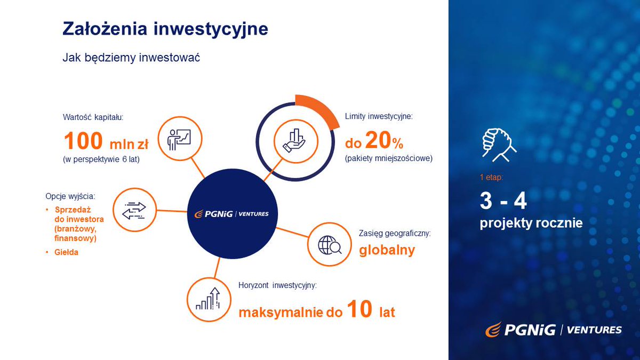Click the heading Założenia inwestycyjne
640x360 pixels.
(165, 29)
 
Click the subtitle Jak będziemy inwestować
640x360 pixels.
(131, 58)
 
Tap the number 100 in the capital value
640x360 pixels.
(83, 142)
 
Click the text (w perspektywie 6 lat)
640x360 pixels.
(101, 159)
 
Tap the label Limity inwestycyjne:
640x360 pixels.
(379, 117)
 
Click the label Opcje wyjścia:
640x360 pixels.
(70, 196)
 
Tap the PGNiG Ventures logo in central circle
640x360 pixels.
(232, 214)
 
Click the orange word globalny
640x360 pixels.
(387, 250)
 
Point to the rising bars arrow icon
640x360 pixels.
(208, 299)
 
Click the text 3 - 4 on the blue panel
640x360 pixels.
(503, 201)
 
